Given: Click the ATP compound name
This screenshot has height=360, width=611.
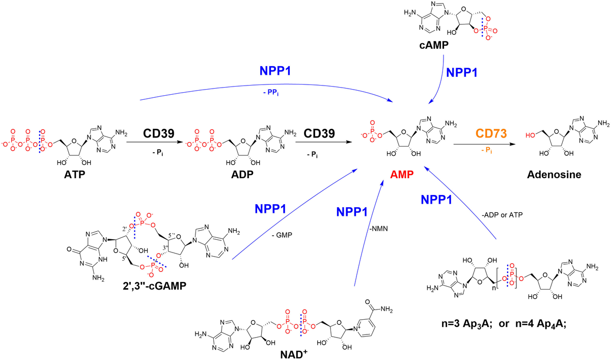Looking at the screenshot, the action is click(x=74, y=175).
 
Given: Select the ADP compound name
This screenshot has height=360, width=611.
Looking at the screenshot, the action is click(x=242, y=175).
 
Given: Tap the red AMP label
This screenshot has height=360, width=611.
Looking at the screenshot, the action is click(x=402, y=175).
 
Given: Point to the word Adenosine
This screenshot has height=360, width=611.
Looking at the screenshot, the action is click(x=554, y=175).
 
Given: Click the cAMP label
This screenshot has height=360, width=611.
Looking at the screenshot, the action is click(x=434, y=45).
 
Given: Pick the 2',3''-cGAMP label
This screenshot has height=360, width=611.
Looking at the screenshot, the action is click(x=155, y=286).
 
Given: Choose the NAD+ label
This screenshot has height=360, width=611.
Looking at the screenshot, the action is click(x=294, y=354).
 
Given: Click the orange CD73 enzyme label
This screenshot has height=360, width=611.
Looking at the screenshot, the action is click(x=491, y=133).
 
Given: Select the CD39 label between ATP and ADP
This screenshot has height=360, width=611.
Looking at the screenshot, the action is click(x=159, y=133).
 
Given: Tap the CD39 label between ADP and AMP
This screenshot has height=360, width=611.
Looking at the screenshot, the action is click(x=319, y=133).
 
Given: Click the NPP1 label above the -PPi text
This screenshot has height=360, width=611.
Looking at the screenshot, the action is click(x=275, y=71).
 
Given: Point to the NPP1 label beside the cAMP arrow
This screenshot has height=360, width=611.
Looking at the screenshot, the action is click(x=462, y=73).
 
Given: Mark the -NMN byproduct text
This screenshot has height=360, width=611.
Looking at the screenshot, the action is click(x=379, y=229).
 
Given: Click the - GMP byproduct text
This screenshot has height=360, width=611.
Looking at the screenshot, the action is click(x=282, y=235).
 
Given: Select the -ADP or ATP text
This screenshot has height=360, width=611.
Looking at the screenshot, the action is click(x=502, y=215).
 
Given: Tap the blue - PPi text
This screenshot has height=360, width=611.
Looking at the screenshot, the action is click(x=271, y=93).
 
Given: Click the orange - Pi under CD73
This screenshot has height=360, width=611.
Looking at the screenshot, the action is click(x=487, y=151).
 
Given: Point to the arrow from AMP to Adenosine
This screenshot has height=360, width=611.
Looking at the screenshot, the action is click(x=484, y=144).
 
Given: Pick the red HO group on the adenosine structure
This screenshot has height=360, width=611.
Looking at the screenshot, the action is click(x=530, y=135).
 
